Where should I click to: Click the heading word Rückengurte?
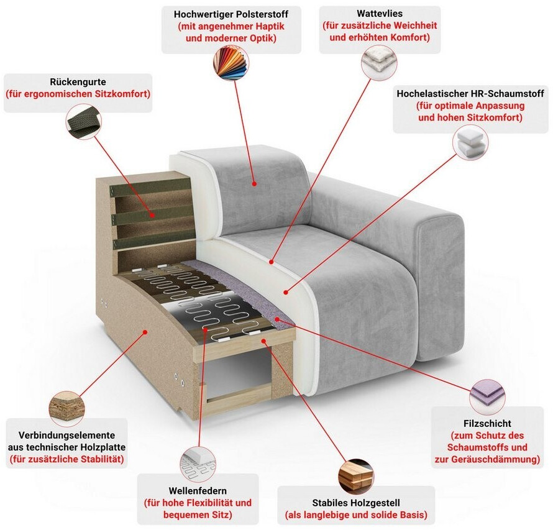coord(78,82)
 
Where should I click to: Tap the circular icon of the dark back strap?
coord(84,122)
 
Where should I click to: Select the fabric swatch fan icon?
coord(231,63)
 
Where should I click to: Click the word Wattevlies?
coord(380,14)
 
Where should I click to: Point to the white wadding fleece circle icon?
coord(379,63)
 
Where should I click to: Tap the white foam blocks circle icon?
coord(470,142)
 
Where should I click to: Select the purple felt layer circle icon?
coord(487,397)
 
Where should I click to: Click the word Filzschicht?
coord(487,423)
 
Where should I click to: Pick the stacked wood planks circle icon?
coord(355,477)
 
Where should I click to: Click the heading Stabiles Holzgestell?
coord(356,503)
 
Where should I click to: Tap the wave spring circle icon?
coord(198,465)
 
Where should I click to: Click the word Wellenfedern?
coord(198,490)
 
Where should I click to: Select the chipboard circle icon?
coord(66,409)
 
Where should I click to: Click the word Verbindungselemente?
coord(66,435)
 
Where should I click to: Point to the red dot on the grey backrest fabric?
coord(254,184)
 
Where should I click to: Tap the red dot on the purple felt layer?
coord(277,319)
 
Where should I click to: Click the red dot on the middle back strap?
coord(152,215)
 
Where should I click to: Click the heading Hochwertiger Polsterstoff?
coord(231,14)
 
